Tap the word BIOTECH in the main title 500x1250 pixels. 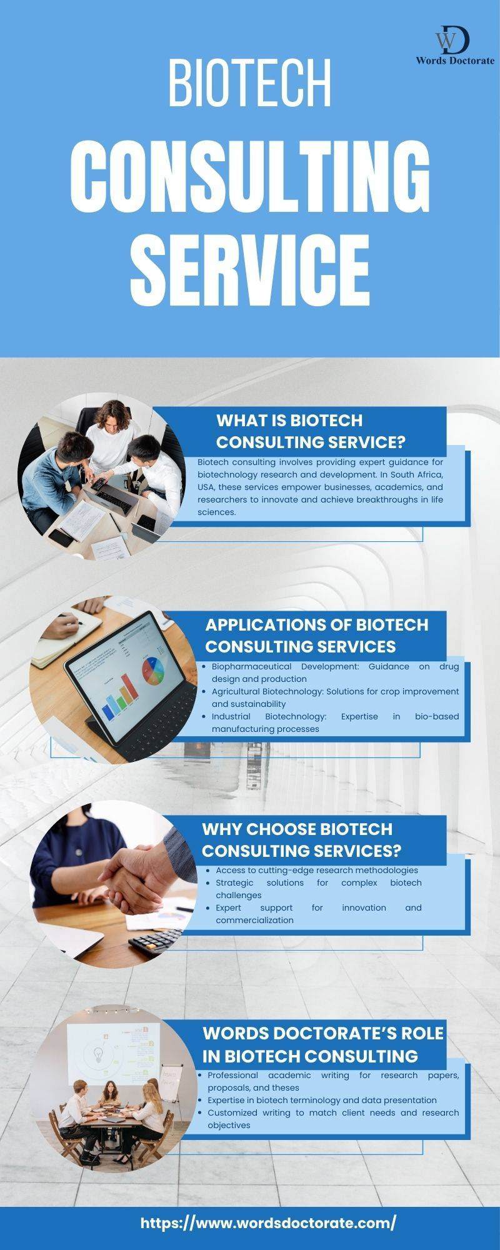tap(249, 83)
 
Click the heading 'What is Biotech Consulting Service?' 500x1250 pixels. tap(311, 431)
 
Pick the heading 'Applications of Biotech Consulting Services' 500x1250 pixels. tap(317, 635)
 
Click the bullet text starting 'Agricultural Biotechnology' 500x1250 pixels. tap(335, 697)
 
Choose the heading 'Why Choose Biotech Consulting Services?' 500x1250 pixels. tap(301, 839)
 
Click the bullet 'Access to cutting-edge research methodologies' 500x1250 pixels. tap(317, 870)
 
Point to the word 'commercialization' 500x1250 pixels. tap(254, 920)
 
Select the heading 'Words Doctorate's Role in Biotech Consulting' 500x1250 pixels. tap(322, 1044)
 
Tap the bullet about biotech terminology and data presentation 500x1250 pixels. tap(322, 1100)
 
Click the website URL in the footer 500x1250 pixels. tap(268, 1223)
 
